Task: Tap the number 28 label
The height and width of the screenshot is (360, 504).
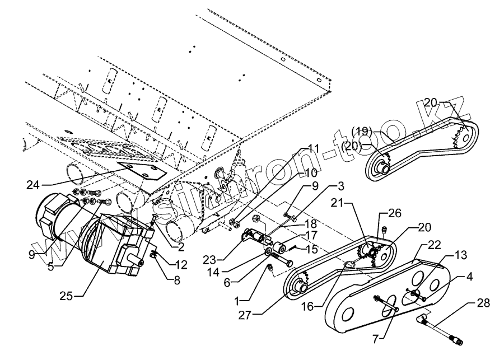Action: [x=483, y=303]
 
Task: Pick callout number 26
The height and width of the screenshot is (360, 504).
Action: [x=395, y=213]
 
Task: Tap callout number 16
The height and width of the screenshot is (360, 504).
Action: [x=319, y=306]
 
